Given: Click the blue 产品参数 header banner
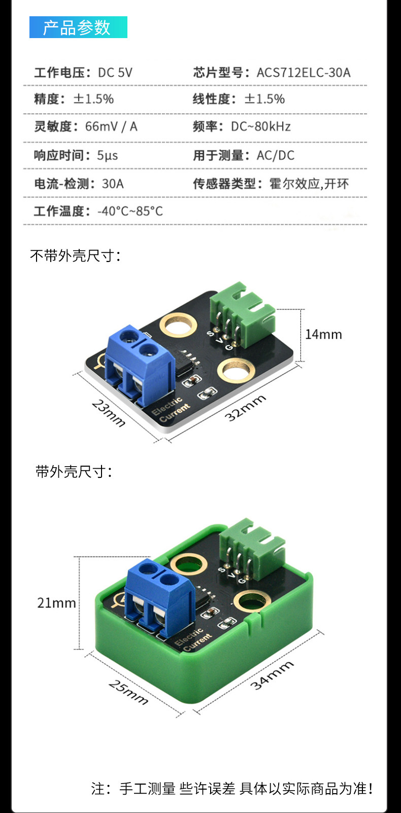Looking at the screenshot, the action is click(78, 27).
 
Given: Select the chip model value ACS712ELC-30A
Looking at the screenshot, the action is click(304, 73).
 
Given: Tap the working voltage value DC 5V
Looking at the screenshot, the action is click(115, 73).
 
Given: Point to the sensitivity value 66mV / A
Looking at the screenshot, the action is click(111, 126).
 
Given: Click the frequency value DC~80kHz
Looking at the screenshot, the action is click(261, 126).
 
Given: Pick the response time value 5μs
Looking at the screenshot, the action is click(108, 155).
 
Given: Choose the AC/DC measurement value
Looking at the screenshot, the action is click(276, 155).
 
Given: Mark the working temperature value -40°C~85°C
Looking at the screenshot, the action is click(130, 211).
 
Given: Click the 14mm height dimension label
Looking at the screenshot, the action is click(323, 334).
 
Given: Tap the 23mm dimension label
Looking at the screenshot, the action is click(109, 413).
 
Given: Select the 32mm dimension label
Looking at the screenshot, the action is click(245, 408).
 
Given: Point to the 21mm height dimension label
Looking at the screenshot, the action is click(57, 603).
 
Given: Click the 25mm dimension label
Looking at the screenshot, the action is click(128, 692).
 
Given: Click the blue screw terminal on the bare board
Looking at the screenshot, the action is click(140, 365).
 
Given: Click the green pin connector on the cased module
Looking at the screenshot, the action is click(253, 548).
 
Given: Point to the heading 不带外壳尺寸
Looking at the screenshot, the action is click(75, 256).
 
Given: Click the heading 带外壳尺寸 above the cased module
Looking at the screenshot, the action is click(74, 471).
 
